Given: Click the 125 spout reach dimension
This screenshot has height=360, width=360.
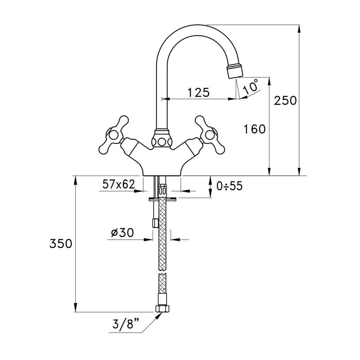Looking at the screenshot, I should click(198, 93).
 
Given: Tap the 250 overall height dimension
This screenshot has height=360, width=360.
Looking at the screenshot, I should click(285, 100).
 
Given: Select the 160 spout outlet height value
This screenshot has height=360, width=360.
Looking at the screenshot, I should click(254, 129).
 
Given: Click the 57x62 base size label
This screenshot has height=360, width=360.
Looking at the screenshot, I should click(118, 184).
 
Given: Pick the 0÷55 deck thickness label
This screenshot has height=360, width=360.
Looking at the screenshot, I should click(229, 186).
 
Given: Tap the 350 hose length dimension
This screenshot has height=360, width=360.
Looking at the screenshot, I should click(61, 244).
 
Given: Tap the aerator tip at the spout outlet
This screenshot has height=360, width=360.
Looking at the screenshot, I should click(235, 70).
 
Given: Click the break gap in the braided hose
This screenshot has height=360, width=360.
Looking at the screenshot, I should click(162, 273).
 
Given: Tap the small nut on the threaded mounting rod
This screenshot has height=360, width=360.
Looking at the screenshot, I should click(156, 223).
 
